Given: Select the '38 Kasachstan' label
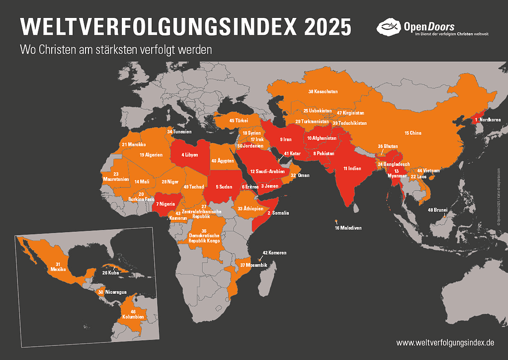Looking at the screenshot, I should point(323,91).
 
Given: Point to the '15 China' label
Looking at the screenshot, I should point(413,133).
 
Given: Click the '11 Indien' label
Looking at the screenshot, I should point(352,169).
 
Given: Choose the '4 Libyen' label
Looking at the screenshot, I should point(189,155).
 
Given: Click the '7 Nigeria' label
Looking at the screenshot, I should point(166,204).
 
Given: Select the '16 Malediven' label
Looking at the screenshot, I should point(348,228).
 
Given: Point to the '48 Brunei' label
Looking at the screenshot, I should point(437,210).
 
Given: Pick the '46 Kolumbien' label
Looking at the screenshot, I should point(133,314).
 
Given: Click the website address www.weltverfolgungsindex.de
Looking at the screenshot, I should point(445,343).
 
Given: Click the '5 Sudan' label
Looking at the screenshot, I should point(225,186).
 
